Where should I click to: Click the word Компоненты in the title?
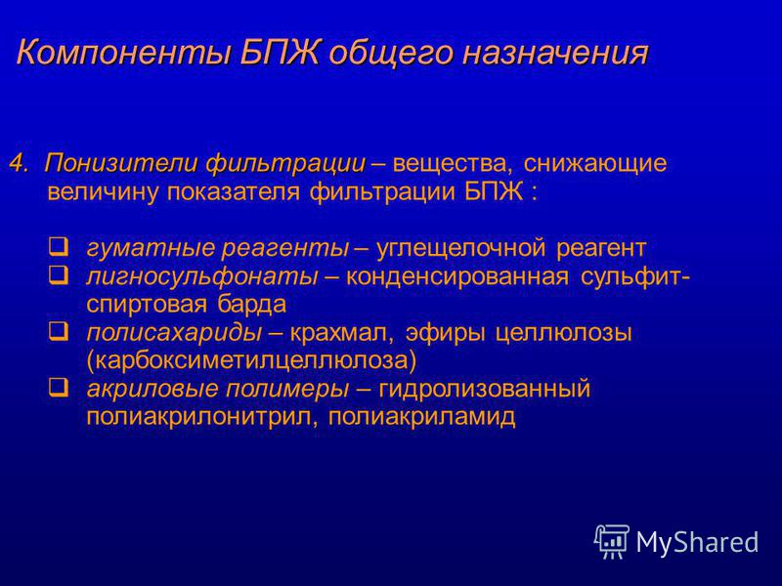point(123,53)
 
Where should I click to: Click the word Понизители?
point(121,163)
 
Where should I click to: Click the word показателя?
point(234,191)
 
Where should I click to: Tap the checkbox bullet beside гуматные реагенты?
point(60,247)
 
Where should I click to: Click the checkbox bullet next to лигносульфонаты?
point(60,274)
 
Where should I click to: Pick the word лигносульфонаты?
point(202,276)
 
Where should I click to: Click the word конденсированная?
point(456,276)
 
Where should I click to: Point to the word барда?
point(252,304)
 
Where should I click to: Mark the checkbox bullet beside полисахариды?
point(60,331)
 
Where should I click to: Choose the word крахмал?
point(341,333)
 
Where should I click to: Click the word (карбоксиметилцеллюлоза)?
point(251,360)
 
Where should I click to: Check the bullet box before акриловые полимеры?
point(60,387)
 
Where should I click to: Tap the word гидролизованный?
point(484,389)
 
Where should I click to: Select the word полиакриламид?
point(422,417)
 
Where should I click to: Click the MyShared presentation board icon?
point(612,541)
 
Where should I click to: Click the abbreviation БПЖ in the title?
point(279,53)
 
